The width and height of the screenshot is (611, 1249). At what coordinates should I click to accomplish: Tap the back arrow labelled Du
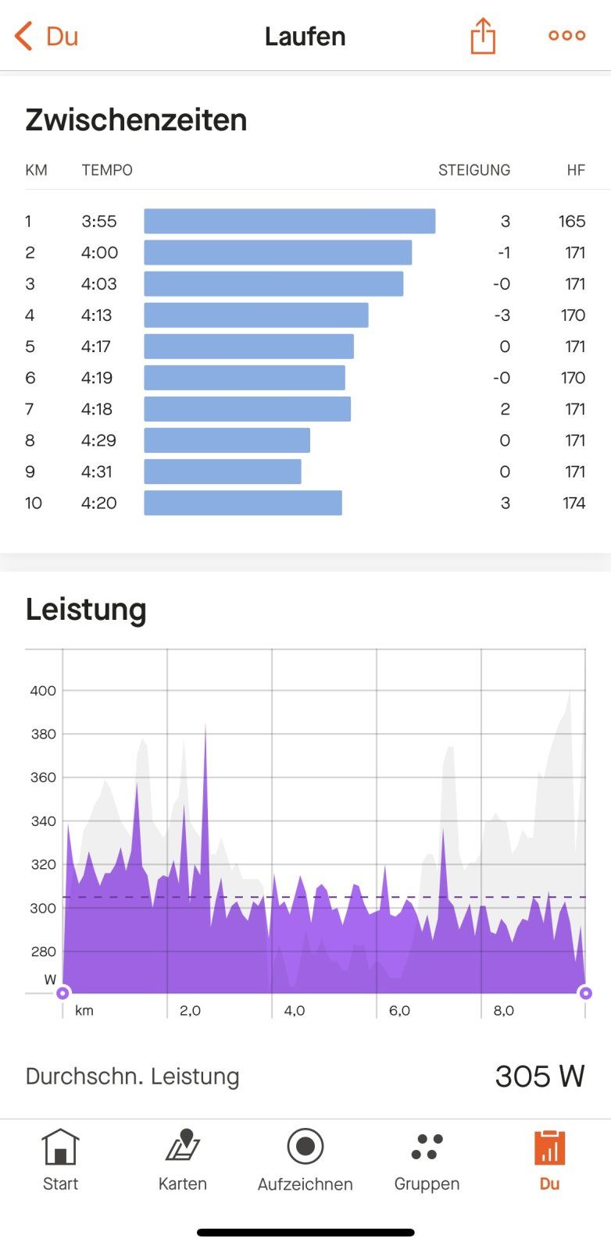pyautogui.click(x=47, y=36)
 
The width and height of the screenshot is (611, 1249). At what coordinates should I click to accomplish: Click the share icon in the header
pyautogui.click(x=483, y=36)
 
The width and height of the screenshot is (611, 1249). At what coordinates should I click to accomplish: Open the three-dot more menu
pyautogui.click(x=566, y=35)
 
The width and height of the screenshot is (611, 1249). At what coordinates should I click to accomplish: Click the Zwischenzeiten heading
pyautogui.click(x=136, y=120)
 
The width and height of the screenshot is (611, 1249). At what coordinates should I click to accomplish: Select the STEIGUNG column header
pyautogui.click(x=473, y=170)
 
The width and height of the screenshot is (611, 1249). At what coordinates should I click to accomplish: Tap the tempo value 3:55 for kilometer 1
pyautogui.click(x=99, y=222)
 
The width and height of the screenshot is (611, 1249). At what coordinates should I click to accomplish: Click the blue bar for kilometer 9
pyautogui.click(x=223, y=471)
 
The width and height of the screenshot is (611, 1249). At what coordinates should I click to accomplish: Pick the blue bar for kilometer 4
pyautogui.click(x=256, y=315)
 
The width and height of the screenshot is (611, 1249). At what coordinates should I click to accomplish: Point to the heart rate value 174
pyautogui.click(x=573, y=503)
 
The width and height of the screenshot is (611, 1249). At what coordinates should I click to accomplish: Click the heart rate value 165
pyautogui.click(x=572, y=222)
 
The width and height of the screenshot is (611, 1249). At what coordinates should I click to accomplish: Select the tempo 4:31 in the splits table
pyautogui.click(x=97, y=471)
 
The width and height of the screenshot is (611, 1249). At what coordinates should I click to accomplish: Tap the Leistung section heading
pyautogui.click(x=86, y=610)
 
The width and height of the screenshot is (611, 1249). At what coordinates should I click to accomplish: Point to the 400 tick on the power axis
pyautogui.click(x=43, y=691)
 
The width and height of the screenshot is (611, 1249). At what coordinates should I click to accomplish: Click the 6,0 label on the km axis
pyautogui.click(x=399, y=1010)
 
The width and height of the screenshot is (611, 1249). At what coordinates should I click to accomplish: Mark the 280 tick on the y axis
pyautogui.click(x=43, y=952)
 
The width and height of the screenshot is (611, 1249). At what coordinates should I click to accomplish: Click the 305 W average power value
pyautogui.click(x=539, y=1076)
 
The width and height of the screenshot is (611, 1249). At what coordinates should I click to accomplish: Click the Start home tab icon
pyautogui.click(x=60, y=1148)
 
